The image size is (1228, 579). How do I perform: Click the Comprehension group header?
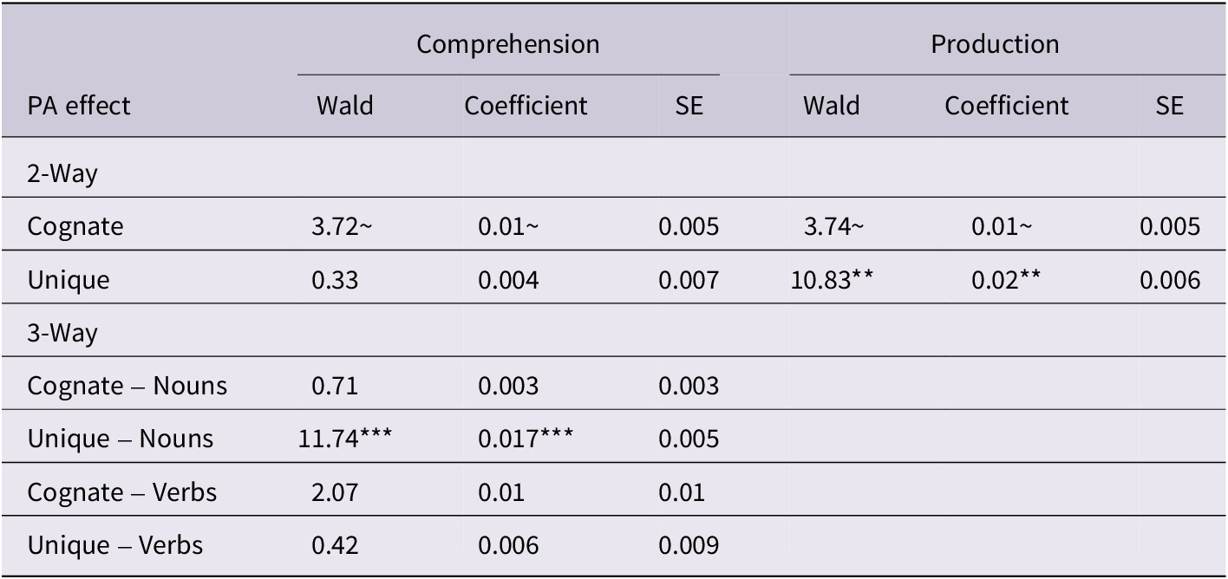[507, 44]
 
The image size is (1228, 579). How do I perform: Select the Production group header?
[995, 44]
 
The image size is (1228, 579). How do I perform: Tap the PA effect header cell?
[79, 106]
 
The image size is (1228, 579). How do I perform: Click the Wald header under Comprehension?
[344, 106]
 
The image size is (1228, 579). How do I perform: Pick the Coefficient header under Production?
[1006, 106]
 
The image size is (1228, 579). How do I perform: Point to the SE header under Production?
[1169, 106]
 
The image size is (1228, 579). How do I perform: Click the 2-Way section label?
[62, 173]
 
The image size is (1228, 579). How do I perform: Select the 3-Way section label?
[62, 333]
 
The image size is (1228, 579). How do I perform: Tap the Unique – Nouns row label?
[120, 439]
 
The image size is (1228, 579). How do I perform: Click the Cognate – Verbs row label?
[122, 492]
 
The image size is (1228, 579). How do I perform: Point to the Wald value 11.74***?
[344, 439]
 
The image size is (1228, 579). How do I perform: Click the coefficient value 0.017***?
[526, 439]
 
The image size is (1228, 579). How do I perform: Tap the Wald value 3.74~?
[833, 226]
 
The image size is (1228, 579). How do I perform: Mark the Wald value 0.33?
[331, 280]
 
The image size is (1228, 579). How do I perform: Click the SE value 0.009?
[689, 545]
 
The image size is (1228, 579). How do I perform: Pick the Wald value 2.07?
[332, 492]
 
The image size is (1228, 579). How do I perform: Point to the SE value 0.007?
[689, 280]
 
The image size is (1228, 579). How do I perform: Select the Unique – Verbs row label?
[115, 545]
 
